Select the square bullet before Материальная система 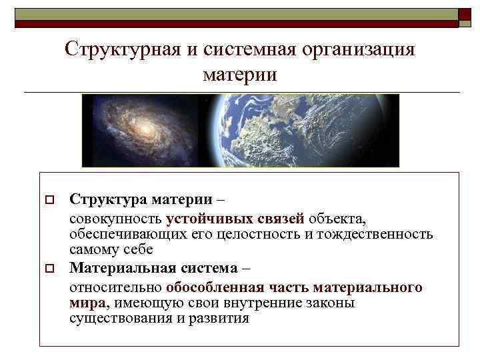(48, 269)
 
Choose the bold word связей (281, 218)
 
